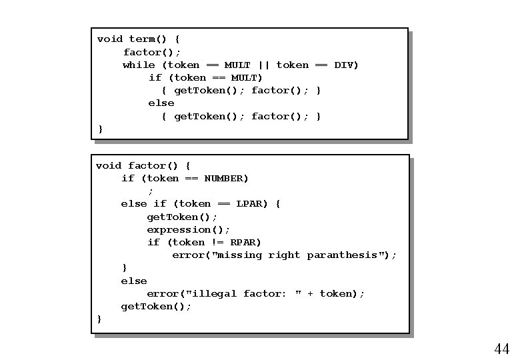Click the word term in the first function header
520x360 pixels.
click(x=141, y=39)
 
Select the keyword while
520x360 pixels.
click(x=139, y=65)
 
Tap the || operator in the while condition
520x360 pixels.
click(x=263, y=65)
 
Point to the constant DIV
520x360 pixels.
click(x=346, y=65)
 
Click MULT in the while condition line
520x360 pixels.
click(x=237, y=65)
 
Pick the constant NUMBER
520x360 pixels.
click(x=225, y=178)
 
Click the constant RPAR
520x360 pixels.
click(x=245, y=242)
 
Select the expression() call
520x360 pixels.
click(x=188, y=229)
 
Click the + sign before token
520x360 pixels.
click(x=310, y=293)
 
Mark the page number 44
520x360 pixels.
click(x=501, y=349)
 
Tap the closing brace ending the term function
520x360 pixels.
click(x=100, y=129)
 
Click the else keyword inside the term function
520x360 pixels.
click(x=161, y=103)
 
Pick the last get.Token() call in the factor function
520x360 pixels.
click(x=156, y=306)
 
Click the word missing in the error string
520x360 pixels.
click(x=239, y=255)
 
